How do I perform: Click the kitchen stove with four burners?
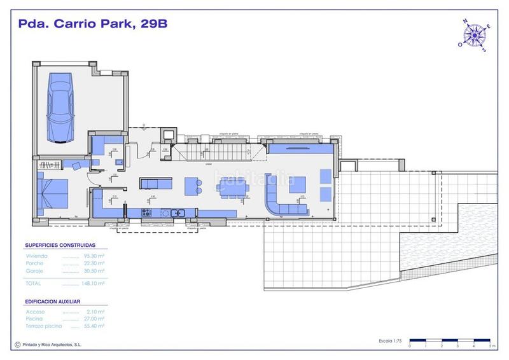147,212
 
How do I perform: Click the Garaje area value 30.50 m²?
94,271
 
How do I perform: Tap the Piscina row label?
34,319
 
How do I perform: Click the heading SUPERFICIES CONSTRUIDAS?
60,244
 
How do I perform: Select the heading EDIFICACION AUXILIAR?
57,300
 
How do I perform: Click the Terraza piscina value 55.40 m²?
94,327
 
